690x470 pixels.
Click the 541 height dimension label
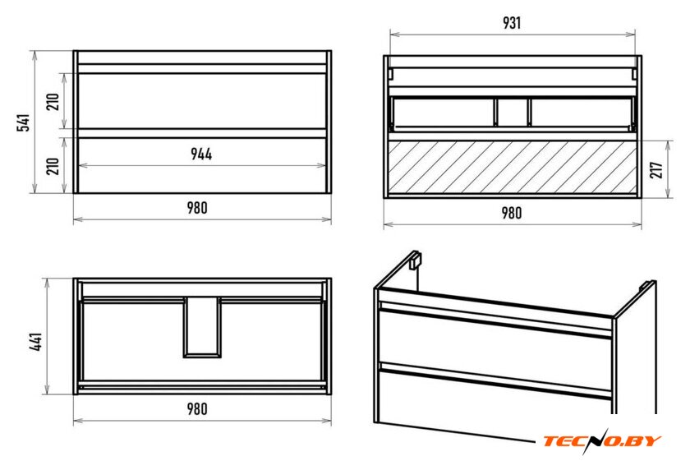(x=23, y=122)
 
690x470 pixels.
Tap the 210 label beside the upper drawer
(x=53, y=102)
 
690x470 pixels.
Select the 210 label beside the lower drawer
(x=53, y=166)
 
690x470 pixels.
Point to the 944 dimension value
(x=201, y=154)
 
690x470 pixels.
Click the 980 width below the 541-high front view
(x=197, y=208)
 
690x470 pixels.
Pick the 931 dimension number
(x=512, y=23)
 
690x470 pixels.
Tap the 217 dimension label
(x=655, y=170)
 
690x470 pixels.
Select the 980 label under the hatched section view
(x=512, y=213)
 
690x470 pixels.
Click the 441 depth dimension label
(x=36, y=342)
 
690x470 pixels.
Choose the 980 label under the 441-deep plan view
(x=197, y=409)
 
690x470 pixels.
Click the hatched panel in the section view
(x=513, y=168)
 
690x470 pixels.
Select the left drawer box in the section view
(x=444, y=113)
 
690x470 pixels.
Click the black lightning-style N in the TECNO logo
(x=593, y=441)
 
